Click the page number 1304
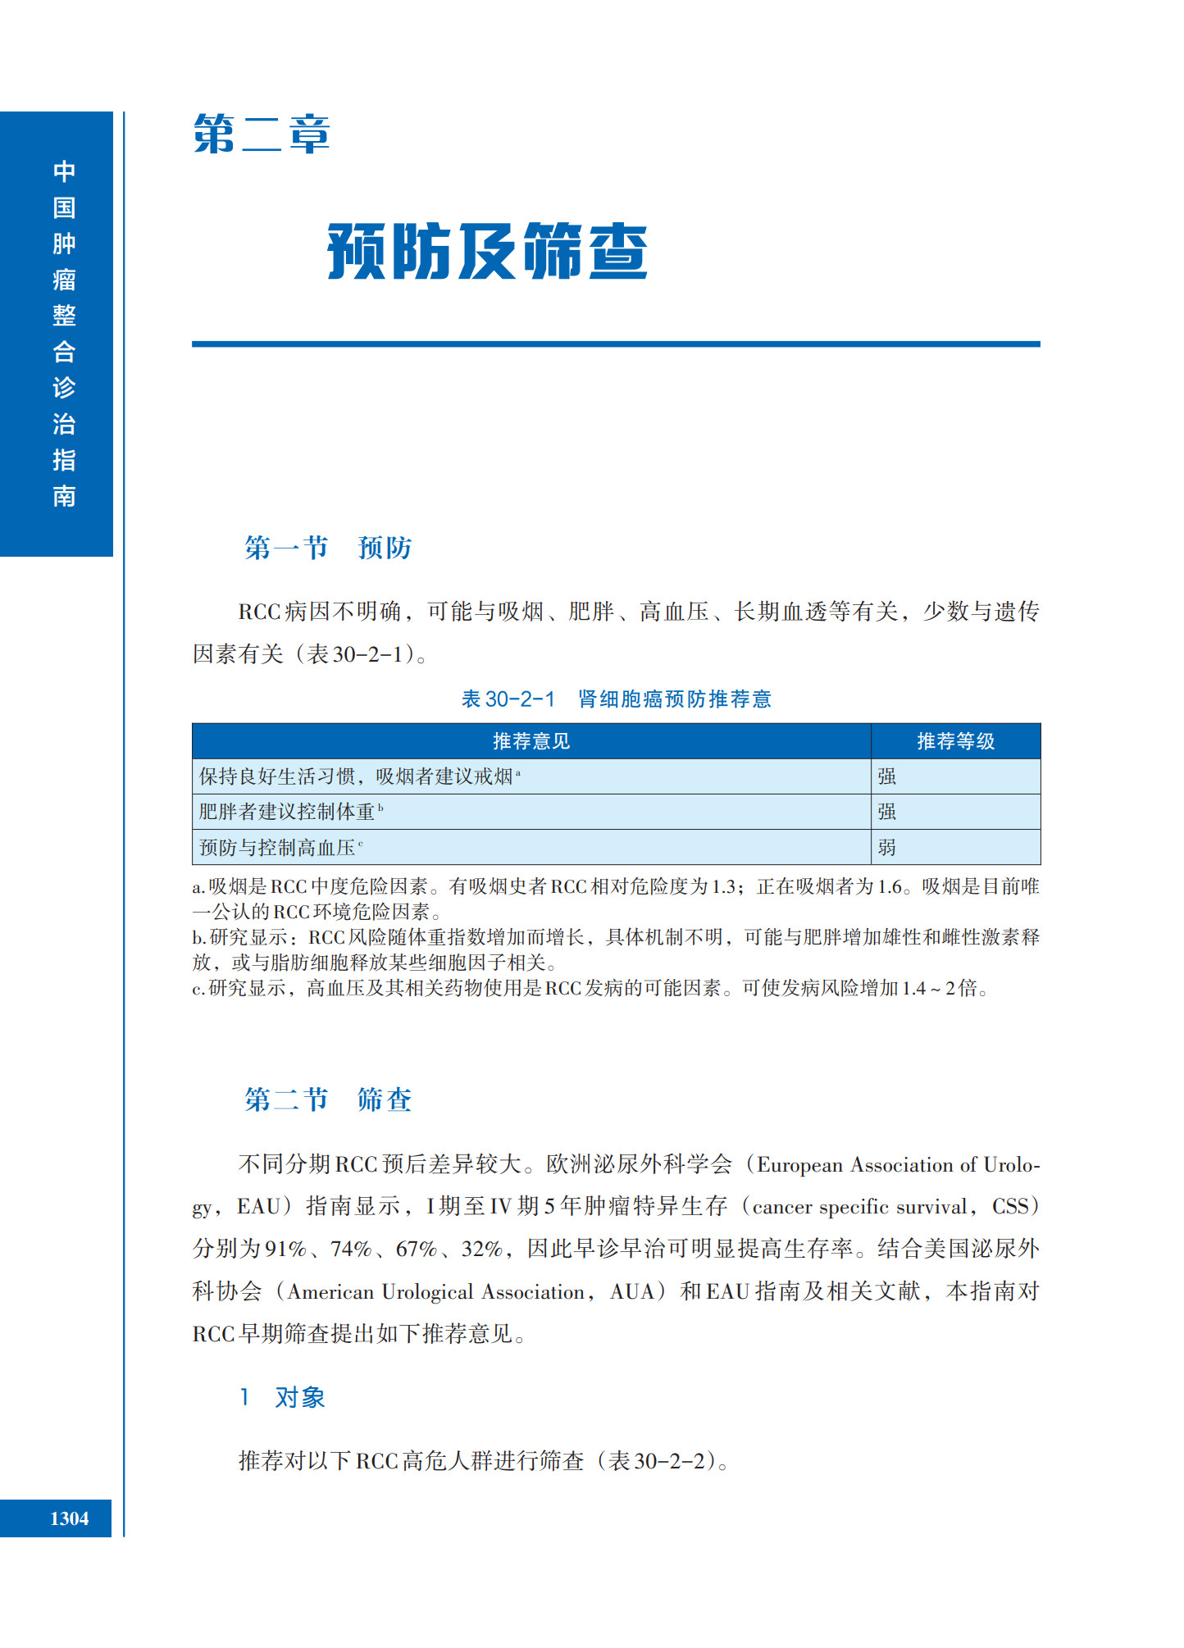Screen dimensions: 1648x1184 pyautogui.click(x=69, y=1518)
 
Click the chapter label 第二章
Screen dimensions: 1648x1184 pyautogui.click(x=262, y=134)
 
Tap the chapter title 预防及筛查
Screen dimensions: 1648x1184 pyautogui.click(x=487, y=251)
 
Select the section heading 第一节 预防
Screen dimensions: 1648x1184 pyautogui.click(x=327, y=547)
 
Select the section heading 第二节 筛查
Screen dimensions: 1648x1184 pyautogui.click(x=327, y=1099)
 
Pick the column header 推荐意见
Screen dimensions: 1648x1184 pyautogui.click(x=531, y=741)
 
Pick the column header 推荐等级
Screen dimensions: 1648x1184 pyautogui.click(x=955, y=741)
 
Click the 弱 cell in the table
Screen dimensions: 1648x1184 pyautogui.click(x=887, y=847)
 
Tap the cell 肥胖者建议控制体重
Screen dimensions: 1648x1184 pyautogui.click(x=287, y=812)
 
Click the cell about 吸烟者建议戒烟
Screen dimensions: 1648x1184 pyautogui.click(x=357, y=776)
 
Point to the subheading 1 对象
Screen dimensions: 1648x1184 pyautogui.click(x=283, y=1397)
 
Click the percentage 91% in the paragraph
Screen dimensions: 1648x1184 pyautogui.click(x=285, y=1249)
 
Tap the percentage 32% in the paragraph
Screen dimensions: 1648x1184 pyautogui.click(x=481, y=1249)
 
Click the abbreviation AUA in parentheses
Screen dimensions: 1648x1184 pyautogui.click(x=631, y=1291)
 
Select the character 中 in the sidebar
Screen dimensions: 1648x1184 pyautogui.click(x=64, y=171)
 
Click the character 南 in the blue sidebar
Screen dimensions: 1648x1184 pyautogui.click(x=64, y=495)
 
